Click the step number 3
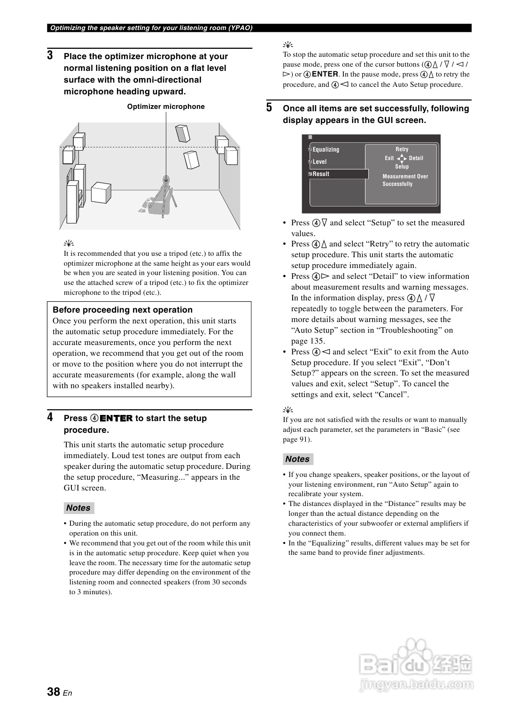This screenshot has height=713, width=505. pyautogui.click(x=50, y=56)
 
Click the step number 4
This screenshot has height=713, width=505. pyautogui.click(x=50, y=417)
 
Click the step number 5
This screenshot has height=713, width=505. pyautogui.click(x=269, y=107)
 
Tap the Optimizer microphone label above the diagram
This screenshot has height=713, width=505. pyautogui.click(x=166, y=107)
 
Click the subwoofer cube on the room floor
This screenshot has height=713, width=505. pyautogui.click(x=101, y=192)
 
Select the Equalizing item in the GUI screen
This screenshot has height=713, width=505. pyautogui.click(x=326, y=150)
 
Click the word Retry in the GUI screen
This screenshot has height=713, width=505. pyautogui.click(x=402, y=149)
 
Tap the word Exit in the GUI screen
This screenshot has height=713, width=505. pyautogui.click(x=389, y=158)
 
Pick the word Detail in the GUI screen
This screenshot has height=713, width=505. pyautogui.click(x=416, y=158)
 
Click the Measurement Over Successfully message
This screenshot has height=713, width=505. pyautogui.click(x=405, y=180)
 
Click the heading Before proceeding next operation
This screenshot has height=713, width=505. pyautogui.click(x=123, y=310)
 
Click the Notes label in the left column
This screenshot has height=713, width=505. pyautogui.click(x=78, y=508)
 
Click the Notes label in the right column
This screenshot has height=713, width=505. pyautogui.click(x=297, y=459)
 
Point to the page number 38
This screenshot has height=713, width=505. pyautogui.click(x=54, y=691)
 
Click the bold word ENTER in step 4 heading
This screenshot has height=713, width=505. pyautogui.click(x=116, y=418)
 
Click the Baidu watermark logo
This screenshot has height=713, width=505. pyautogui.click(x=416, y=664)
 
